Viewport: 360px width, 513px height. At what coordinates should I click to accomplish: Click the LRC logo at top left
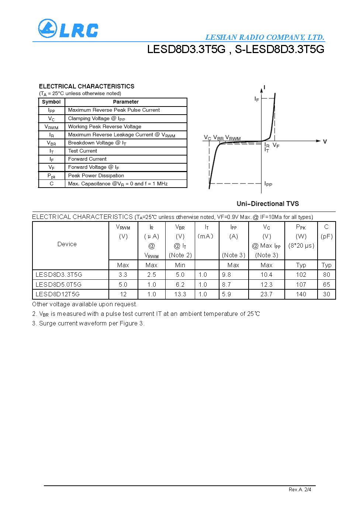pos(68,29)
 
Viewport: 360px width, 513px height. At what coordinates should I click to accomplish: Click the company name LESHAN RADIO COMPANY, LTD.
pos(264,37)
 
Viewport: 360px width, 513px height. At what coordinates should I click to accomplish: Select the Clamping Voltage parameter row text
pos(96,118)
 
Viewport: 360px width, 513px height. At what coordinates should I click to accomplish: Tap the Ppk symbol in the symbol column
pos(51,176)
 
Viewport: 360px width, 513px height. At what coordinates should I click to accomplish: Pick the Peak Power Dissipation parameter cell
pos(96,176)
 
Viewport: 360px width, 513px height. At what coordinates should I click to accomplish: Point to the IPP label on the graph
pos(268,184)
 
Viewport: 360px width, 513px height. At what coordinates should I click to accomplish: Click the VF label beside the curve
pos(276,146)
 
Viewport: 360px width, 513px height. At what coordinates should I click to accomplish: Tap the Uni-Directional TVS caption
pos(267,204)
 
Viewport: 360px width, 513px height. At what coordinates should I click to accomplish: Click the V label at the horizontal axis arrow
pos(325,141)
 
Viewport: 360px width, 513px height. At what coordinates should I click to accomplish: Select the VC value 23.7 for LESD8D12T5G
pos(266,294)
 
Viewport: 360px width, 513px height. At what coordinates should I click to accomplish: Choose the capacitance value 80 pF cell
pos(326,275)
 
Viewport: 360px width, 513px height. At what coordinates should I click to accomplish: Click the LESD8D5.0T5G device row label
pos(58,285)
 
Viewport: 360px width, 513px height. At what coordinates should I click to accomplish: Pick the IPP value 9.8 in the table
pos(226,275)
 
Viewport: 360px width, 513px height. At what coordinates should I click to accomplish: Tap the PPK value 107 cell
pos(301,285)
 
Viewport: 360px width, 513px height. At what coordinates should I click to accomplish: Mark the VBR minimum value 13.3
pos(180,294)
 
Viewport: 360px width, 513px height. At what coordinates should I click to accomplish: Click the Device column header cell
pos(67,244)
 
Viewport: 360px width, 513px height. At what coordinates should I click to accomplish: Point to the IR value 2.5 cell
pos(151,275)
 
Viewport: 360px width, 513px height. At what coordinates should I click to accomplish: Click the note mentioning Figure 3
pos(88,323)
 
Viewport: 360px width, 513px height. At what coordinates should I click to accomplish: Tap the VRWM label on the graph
pos(233,138)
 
